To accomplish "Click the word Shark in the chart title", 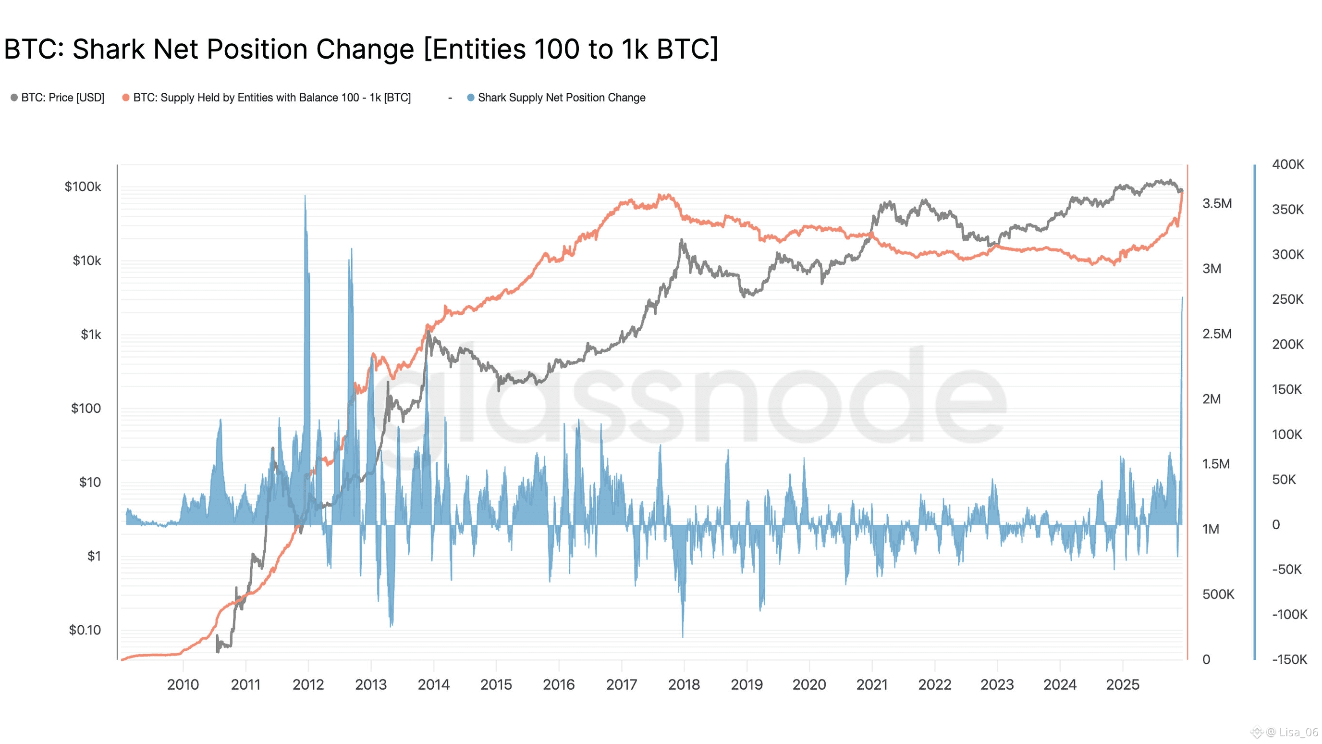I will click(108, 50).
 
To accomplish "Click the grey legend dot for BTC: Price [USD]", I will click(14, 98).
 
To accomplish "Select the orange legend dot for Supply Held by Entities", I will click(126, 98).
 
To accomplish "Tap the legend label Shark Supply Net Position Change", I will click(562, 98).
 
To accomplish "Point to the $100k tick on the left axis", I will click(83, 186).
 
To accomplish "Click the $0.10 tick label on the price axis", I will click(85, 630).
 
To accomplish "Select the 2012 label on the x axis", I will click(308, 684).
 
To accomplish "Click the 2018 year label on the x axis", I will click(684, 684).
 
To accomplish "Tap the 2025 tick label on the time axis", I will click(1122, 684).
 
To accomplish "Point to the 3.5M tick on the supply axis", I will click(1217, 203).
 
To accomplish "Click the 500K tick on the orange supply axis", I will click(1218, 594).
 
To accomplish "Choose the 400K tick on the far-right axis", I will click(1287, 164).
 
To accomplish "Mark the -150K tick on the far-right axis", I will click(1289, 659).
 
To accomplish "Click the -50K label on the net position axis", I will click(1286, 569).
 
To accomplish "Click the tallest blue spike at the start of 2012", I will click(305, 198).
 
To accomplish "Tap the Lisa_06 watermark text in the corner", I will click(1298, 732).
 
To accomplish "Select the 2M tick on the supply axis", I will click(1212, 399).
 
